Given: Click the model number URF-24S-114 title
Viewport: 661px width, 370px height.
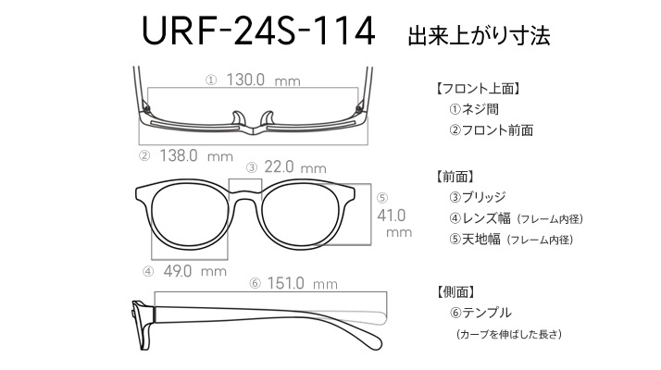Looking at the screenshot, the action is (x=258, y=31).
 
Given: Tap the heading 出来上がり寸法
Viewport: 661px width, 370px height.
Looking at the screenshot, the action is (x=479, y=35).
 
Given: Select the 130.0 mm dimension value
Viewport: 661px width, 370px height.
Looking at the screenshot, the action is (x=264, y=80).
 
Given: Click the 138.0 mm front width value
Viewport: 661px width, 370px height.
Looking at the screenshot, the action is (x=196, y=156).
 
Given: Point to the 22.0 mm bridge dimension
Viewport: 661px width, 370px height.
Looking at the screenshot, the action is (x=295, y=167).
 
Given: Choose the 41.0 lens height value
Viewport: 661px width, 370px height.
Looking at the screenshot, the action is (x=392, y=216).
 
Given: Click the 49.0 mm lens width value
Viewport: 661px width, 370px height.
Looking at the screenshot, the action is (x=194, y=271).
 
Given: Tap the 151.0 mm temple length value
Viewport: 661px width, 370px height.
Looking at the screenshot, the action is (x=302, y=283).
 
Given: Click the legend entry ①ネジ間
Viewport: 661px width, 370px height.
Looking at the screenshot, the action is (x=474, y=109).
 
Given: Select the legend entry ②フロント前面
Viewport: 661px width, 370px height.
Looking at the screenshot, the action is (x=491, y=129).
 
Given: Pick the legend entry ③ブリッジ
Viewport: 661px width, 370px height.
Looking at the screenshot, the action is (x=477, y=197).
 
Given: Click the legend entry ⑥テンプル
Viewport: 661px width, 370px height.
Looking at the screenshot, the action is (x=480, y=313).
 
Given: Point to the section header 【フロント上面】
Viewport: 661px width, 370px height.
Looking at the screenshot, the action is (x=478, y=89).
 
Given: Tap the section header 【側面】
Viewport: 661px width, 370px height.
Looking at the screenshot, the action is (x=455, y=291).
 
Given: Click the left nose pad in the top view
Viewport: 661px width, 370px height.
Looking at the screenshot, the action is (x=238, y=118).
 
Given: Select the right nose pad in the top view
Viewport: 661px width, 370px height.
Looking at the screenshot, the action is (x=268, y=118).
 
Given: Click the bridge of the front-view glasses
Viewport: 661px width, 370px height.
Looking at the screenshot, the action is (x=245, y=195).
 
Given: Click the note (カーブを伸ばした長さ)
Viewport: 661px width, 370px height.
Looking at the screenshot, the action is (x=509, y=334).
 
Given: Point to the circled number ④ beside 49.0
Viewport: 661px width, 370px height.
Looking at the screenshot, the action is (x=148, y=272).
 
